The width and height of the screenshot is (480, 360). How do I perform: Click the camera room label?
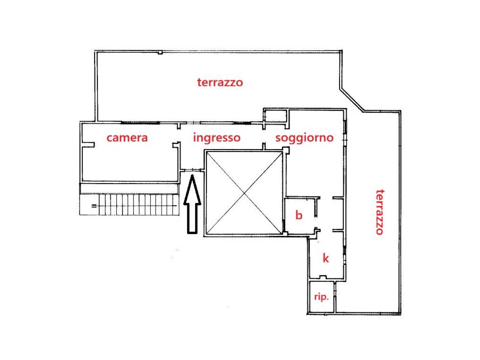[127, 138]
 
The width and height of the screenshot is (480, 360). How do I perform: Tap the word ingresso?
[217, 138]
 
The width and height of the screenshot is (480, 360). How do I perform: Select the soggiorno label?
[304, 138]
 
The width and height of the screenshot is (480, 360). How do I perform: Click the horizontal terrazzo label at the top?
[220, 82]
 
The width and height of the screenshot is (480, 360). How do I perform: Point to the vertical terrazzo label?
[380, 212]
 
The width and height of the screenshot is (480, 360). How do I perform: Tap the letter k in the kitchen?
[325, 258]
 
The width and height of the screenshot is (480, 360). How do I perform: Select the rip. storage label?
[321, 297]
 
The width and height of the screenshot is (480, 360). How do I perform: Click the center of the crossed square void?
[244, 193]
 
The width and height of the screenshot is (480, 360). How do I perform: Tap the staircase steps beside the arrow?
[139, 205]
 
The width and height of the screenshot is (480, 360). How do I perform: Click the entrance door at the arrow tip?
[192, 169]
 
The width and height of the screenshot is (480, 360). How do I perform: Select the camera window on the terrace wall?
[140, 123]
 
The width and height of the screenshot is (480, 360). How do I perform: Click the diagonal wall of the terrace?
[352, 100]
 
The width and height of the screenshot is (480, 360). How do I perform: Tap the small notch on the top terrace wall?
[160, 52]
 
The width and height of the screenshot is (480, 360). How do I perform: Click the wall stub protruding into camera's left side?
[88, 145]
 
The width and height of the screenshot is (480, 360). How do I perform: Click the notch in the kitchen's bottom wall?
[322, 277]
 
